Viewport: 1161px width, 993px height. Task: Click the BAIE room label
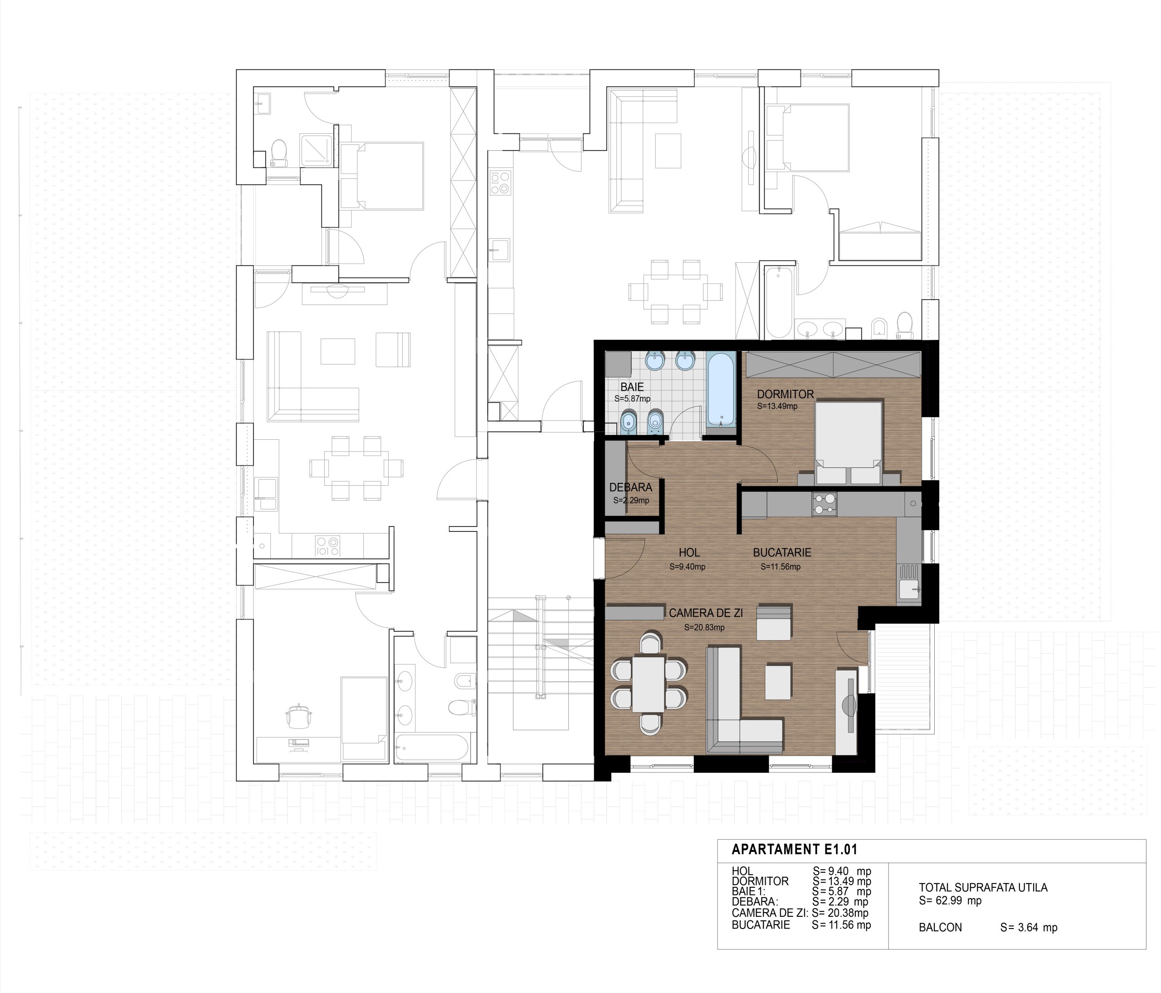632,387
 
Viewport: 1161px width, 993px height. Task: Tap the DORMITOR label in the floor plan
785,394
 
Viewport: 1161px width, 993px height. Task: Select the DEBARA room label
631,487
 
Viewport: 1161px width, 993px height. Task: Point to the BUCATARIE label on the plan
782,552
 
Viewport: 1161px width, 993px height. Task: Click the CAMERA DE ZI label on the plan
706,614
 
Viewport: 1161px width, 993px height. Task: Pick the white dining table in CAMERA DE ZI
648,683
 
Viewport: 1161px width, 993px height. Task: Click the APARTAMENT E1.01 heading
795,850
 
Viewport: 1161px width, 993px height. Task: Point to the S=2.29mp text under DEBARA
631,500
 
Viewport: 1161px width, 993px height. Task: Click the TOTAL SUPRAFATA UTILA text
983,888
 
